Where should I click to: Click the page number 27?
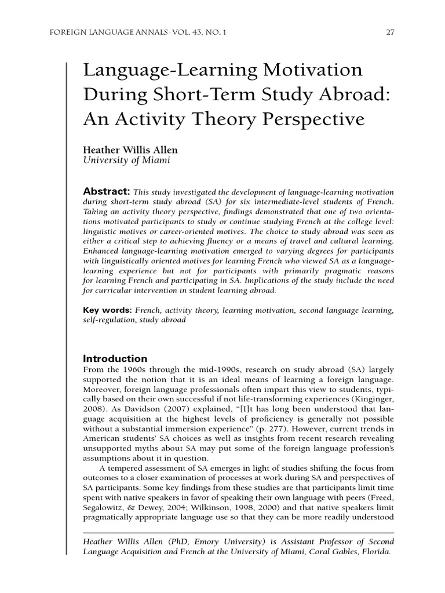coord(390,32)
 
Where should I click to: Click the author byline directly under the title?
coord(131,150)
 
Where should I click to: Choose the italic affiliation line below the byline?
coord(127,161)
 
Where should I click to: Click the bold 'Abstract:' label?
coord(107,192)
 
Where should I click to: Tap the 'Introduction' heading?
coord(115,358)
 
